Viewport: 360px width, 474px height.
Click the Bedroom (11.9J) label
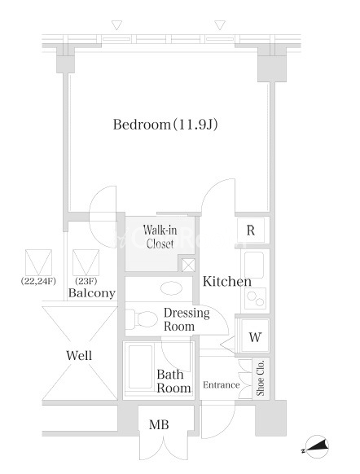[165, 125]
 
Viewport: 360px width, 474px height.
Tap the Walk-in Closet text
[160, 237]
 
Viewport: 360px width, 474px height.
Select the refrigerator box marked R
[251, 230]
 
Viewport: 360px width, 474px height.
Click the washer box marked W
[255, 336]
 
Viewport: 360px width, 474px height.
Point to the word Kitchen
[227, 282]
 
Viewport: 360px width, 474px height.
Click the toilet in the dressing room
[142, 318]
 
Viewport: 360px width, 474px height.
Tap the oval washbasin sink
[171, 288]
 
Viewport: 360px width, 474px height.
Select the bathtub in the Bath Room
[140, 367]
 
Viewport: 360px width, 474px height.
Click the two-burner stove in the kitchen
[256, 298]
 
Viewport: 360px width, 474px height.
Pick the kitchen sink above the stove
[254, 265]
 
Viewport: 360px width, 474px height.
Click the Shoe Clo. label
[261, 378]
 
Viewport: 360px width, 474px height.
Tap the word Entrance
[222, 385]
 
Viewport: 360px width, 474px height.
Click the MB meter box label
[159, 424]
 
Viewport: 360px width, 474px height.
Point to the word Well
[79, 355]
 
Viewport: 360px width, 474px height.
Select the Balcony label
[92, 292]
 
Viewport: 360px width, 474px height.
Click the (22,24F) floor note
[38, 281]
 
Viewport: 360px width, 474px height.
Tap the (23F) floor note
[86, 281]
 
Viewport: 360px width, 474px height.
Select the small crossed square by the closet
[188, 266]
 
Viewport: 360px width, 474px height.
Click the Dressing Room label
[187, 319]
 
